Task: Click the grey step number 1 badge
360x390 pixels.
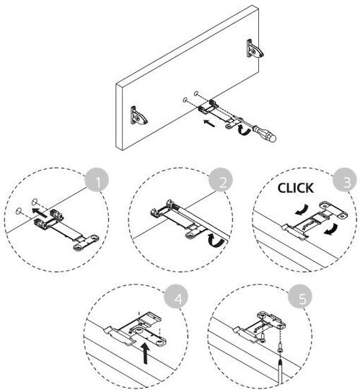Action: click(x=97, y=180)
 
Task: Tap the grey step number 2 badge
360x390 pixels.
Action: click(x=221, y=180)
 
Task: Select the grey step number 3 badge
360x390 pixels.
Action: click(x=345, y=180)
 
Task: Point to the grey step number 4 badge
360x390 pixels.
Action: click(x=176, y=296)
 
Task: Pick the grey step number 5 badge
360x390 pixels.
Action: click(x=300, y=296)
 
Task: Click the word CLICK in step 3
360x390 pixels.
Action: click(x=295, y=188)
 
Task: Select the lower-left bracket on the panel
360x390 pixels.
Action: click(x=139, y=116)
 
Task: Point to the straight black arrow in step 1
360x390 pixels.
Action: click(x=39, y=213)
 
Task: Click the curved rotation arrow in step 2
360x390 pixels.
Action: click(x=215, y=240)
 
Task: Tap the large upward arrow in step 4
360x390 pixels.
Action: click(x=146, y=353)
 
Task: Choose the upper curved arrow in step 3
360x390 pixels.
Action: click(x=302, y=209)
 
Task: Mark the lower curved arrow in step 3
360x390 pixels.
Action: click(x=330, y=230)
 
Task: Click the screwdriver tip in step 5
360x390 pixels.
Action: click(x=280, y=361)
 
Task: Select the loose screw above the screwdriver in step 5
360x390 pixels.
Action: click(x=280, y=347)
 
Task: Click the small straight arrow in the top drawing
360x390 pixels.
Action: click(x=209, y=123)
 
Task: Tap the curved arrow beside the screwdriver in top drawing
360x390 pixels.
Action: click(x=243, y=130)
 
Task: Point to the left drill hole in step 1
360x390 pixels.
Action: click(x=18, y=211)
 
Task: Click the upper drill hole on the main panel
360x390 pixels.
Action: click(x=196, y=94)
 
